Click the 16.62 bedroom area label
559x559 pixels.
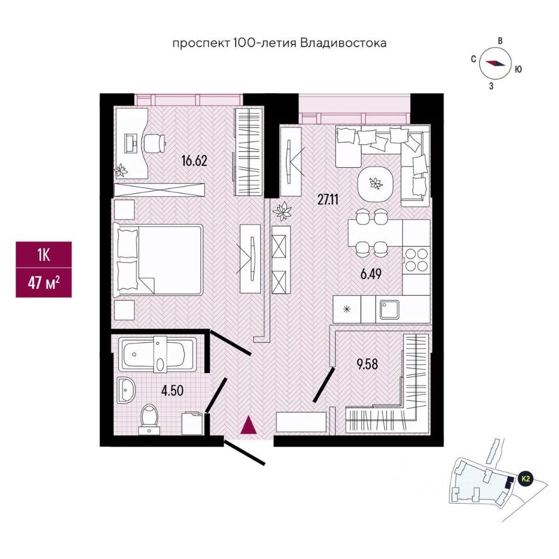click(x=194, y=161)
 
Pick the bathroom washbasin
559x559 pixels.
click(x=125, y=390)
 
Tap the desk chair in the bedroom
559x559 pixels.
click(x=155, y=141)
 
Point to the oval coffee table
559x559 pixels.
click(x=376, y=185)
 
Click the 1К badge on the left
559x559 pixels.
click(x=44, y=255)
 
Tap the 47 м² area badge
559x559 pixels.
click(x=44, y=284)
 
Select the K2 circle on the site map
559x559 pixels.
click(x=526, y=479)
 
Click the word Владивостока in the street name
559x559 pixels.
click(x=344, y=43)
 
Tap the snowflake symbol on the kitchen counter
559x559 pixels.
click(x=348, y=309)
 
